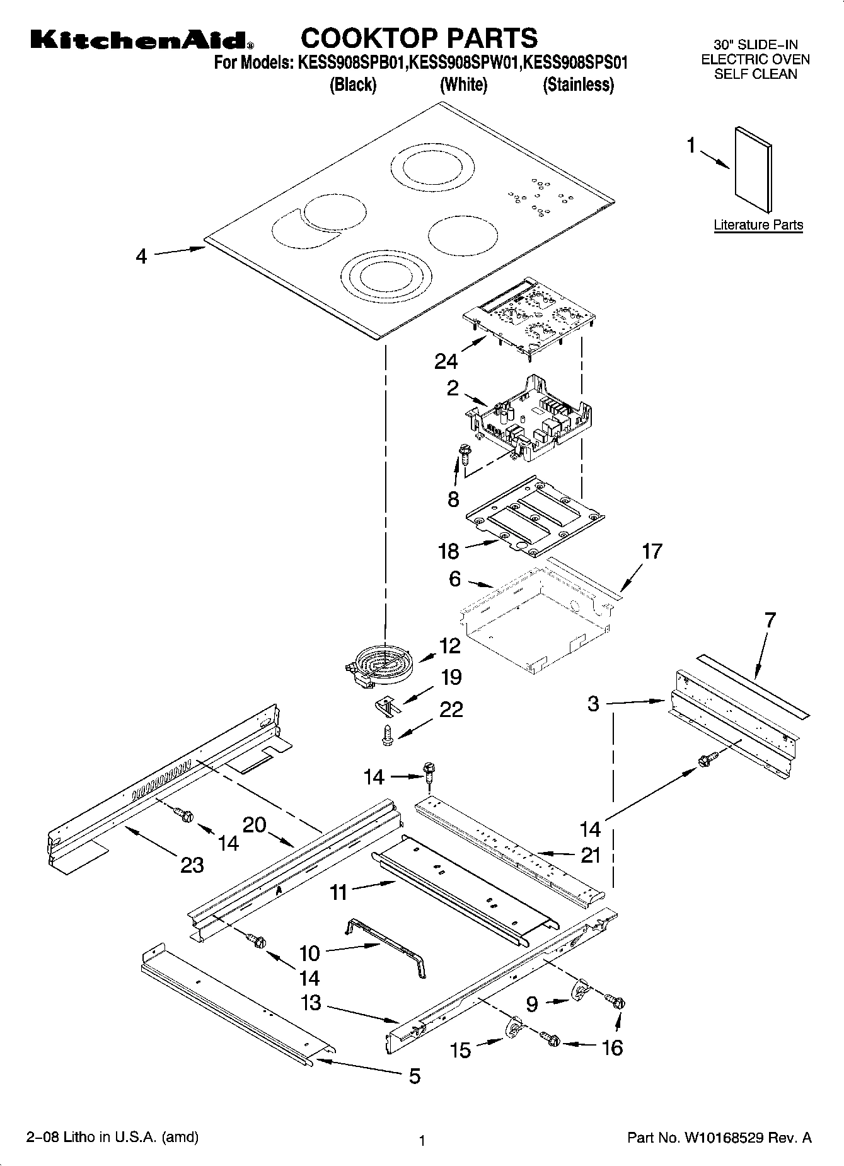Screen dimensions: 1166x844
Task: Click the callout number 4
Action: pyautogui.click(x=141, y=257)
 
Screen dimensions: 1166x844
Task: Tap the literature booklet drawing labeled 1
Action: pyautogui.click(x=753, y=169)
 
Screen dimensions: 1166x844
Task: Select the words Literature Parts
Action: pyautogui.click(x=758, y=225)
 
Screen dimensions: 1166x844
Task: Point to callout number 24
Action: pyautogui.click(x=446, y=361)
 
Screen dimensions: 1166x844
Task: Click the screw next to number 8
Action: pyautogui.click(x=465, y=452)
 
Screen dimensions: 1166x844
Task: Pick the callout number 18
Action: pyautogui.click(x=449, y=552)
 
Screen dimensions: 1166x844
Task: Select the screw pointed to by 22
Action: pyautogui.click(x=388, y=736)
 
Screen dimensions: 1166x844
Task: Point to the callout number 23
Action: pyautogui.click(x=192, y=865)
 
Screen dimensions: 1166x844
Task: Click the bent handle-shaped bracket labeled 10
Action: pyautogui.click(x=386, y=944)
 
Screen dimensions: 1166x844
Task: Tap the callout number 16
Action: pyautogui.click(x=612, y=1047)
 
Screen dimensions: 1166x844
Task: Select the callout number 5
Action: pyautogui.click(x=414, y=1076)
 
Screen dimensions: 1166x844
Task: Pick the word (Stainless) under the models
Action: pyautogui.click(x=578, y=85)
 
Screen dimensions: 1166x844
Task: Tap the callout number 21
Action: pyautogui.click(x=591, y=856)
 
